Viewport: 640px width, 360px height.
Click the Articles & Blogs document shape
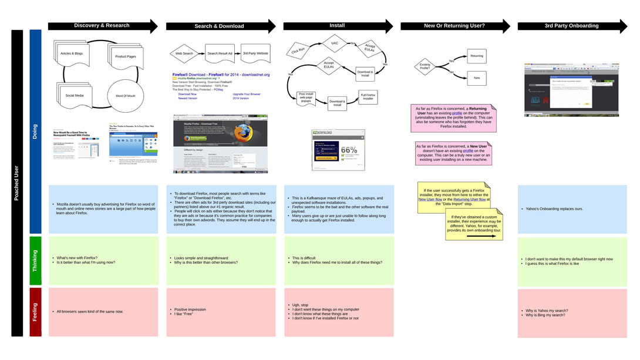click(71, 54)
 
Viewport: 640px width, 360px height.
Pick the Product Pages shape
click(126, 56)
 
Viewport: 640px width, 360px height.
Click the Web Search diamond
click(184, 53)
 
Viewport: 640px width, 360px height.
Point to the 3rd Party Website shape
click(255, 53)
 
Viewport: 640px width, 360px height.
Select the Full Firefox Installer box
click(368, 96)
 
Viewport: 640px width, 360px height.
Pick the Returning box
click(477, 56)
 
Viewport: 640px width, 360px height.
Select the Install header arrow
click(337, 26)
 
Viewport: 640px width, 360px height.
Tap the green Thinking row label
click(35, 260)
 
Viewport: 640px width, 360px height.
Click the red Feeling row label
click(35, 312)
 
